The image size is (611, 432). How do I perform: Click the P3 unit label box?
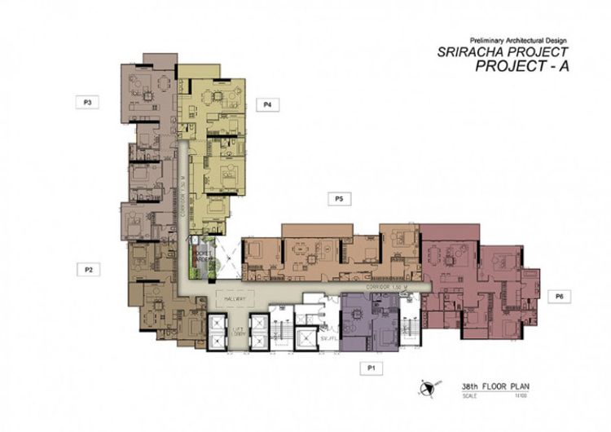[86, 103]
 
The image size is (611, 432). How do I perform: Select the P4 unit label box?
[266, 104]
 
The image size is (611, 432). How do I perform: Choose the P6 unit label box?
[559, 297]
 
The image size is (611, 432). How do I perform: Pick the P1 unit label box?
[371, 368]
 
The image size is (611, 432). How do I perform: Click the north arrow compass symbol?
[427, 387]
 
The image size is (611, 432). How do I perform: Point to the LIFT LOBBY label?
[238, 332]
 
